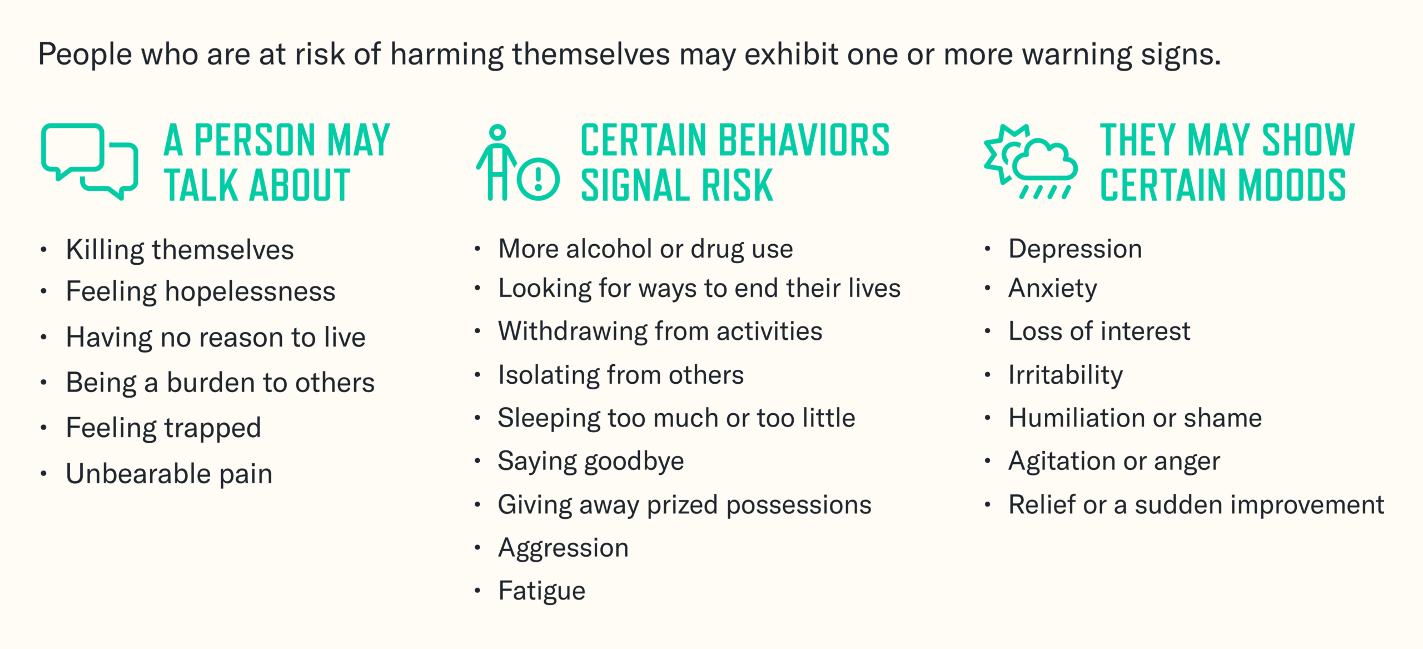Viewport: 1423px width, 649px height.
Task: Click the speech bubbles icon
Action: tap(89, 161)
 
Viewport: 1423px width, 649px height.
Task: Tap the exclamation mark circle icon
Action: tap(538, 179)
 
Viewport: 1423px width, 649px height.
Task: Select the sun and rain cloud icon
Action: tap(1030, 161)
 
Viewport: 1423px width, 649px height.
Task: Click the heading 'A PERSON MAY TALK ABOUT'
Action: tap(276, 162)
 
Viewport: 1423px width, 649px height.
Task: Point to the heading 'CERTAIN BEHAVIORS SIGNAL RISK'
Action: tap(734, 162)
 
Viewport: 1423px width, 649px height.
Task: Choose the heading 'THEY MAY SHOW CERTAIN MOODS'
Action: tap(1227, 162)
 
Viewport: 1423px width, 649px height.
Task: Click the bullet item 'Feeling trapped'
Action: tap(163, 428)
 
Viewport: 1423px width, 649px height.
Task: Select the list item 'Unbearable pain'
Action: tap(169, 474)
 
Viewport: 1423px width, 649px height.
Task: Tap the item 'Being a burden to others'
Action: tap(220, 383)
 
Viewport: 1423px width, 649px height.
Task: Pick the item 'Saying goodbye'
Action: tap(591, 461)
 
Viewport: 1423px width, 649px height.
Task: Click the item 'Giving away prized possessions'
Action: tap(684, 505)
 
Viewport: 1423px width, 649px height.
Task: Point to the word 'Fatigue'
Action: tap(542, 591)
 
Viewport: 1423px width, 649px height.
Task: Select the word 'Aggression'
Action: tap(563, 548)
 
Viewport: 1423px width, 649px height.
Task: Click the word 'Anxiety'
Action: tap(1053, 289)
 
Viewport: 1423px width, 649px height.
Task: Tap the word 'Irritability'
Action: tap(1066, 375)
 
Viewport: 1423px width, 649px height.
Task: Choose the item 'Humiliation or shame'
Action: tap(1135, 418)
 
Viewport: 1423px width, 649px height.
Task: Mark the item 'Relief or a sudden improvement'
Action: tap(1196, 505)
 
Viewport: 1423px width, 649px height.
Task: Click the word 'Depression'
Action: tap(1075, 249)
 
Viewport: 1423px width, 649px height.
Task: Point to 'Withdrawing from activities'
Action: tap(660, 331)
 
